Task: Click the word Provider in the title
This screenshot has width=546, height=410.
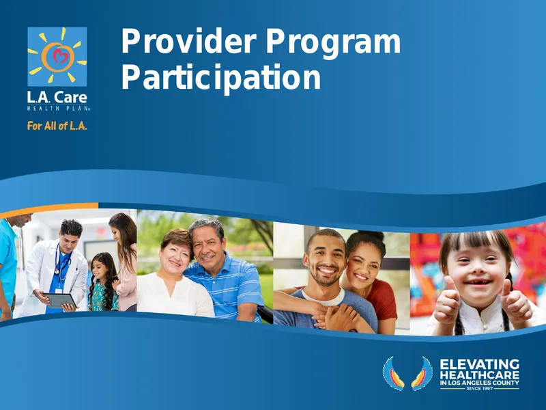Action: coord(188,42)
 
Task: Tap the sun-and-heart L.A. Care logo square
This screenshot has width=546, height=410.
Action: coord(57,57)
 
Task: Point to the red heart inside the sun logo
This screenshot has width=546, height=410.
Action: coord(59,56)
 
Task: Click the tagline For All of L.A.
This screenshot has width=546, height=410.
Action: coord(57,126)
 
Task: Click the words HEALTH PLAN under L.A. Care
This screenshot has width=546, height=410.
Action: coord(59,109)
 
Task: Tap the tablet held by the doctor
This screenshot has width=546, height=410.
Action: coord(60,301)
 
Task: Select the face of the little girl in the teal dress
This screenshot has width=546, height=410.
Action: coord(100,268)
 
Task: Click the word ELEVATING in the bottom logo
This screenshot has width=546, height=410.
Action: coord(480,365)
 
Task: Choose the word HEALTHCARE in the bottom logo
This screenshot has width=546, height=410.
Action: coord(480,375)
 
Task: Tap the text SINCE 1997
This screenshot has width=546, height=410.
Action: coord(480,388)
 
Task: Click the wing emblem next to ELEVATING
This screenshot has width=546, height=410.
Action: coord(407,373)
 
